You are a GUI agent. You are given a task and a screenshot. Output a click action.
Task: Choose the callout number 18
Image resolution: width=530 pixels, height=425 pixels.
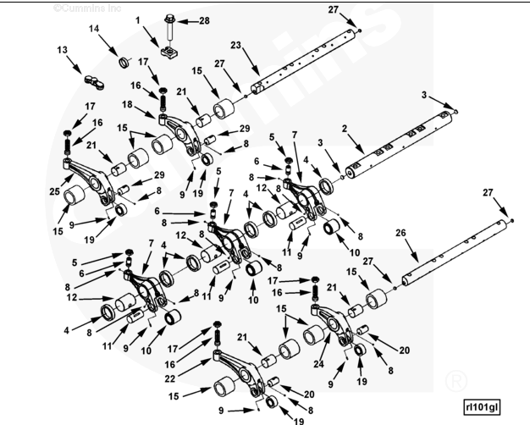click(x=128, y=103)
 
